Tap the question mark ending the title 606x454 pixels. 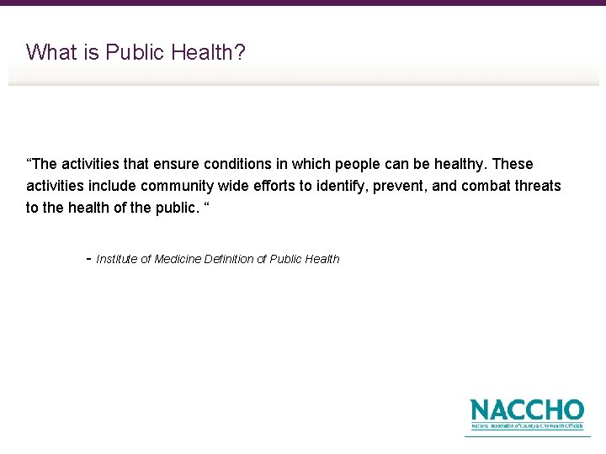(x=241, y=52)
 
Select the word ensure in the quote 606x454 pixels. (x=177, y=164)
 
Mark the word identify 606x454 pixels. (x=346, y=186)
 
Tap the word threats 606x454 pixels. (x=539, y=186)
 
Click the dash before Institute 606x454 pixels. (x=89, y=258)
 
